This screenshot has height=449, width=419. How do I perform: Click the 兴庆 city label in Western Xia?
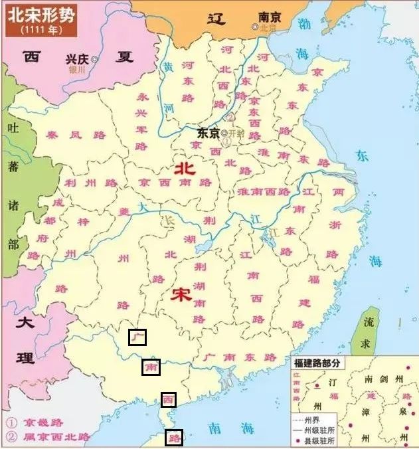point(77,58)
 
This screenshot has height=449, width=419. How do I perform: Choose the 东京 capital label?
point(208,133)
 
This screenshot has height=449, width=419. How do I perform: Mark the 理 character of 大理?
point(25,359)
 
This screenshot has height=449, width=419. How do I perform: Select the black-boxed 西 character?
point(169,400)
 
